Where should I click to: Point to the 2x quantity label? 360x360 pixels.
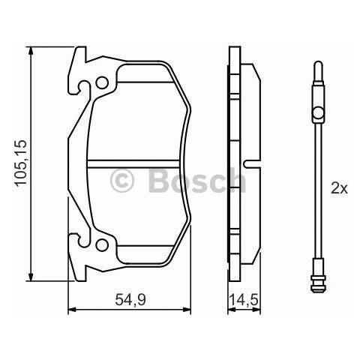339,189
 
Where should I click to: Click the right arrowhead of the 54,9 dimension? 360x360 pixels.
189,308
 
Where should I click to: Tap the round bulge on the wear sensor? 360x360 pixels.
318,114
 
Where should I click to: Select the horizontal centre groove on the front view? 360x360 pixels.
139,163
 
